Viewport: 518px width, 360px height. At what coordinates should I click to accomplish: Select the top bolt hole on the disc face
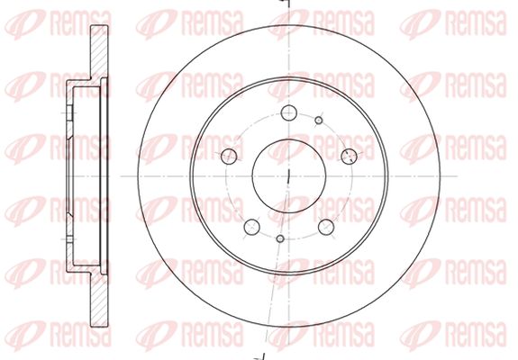click(x=289, y=112)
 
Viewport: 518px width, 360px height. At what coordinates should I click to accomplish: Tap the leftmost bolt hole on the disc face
click(x=229, y=156)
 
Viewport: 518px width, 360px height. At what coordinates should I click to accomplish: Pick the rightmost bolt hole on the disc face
click(x=350, y=157)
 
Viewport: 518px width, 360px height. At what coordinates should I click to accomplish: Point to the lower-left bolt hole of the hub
click(x=251, y=227)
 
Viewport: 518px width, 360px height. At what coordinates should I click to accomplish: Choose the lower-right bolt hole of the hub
click(x=326, y=227)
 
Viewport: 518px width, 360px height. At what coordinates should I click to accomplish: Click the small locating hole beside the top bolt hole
click(x=319, y=120)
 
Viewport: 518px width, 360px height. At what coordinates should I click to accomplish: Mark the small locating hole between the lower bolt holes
click(x=280, y=238)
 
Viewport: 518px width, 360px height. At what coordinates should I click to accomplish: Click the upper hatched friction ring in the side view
click(x=99, y=52)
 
